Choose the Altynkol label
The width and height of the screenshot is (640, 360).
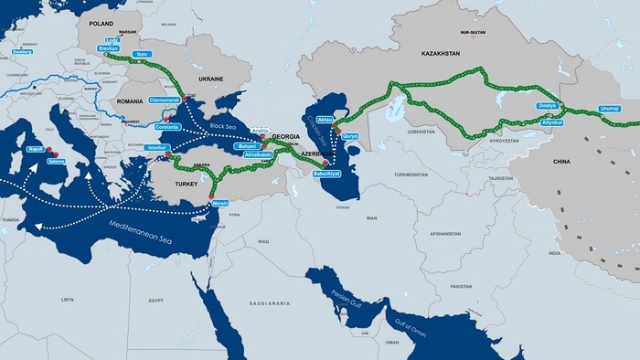click(x=552, y=122)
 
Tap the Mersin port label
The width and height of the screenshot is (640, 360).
click(x=219, y=204)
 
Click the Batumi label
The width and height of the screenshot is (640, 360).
click(x=248, y=145)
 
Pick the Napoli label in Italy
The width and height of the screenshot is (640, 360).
click(x=36, y=148)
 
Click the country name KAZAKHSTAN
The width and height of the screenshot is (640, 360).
click(x=441, y=54)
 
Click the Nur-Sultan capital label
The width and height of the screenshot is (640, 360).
click(x=473, y=32)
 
